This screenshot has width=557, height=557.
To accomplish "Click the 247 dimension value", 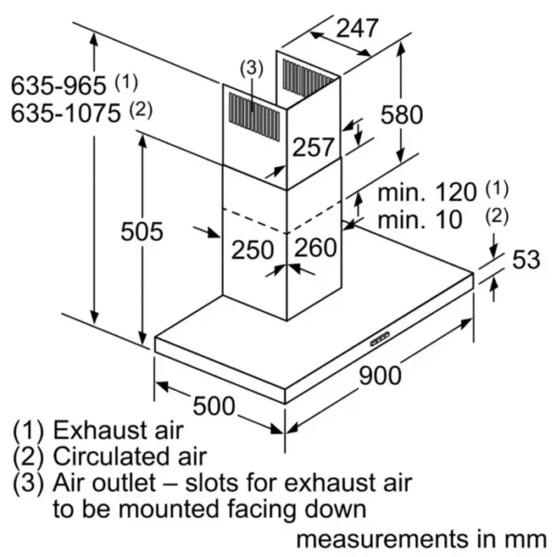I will point(357,28).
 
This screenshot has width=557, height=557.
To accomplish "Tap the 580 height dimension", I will point(401,115).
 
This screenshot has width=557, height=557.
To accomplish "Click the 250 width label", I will point(252,249).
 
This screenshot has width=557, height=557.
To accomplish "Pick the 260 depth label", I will point(315,249).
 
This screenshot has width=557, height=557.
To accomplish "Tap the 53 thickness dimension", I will point(525,260).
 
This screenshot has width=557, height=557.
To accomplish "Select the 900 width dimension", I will point(380,375).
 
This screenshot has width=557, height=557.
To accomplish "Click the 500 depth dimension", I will point(215,406).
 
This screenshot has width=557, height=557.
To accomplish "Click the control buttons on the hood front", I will point(382,338).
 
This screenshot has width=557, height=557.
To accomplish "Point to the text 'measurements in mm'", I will point(421,538).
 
